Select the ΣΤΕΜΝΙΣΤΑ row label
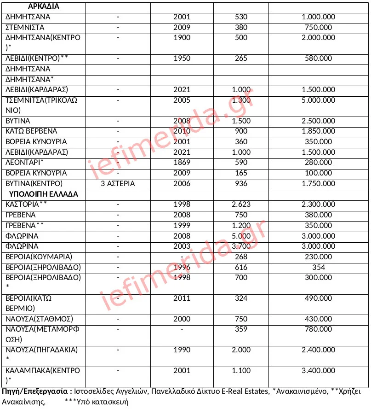[24, 27]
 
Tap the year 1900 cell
[182, 38]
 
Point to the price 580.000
[318, 58]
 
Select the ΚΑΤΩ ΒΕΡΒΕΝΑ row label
[31, 131]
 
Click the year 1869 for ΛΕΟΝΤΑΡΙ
[182, 163]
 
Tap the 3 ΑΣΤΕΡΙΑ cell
[118, 183]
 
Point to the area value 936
[240, 183]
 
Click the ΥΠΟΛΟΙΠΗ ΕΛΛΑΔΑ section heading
[44, 194]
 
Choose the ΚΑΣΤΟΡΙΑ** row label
[26, 204]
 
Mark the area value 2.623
[240, 204]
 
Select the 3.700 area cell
[240, 246]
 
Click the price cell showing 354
[318, 267]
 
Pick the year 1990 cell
[182, 350]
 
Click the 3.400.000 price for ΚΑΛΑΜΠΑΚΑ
[318, 371]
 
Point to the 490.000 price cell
[318, 298]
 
